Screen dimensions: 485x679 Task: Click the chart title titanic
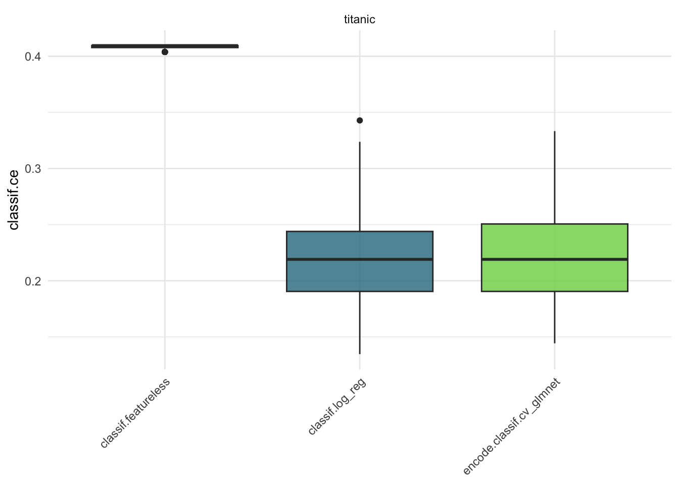(x=359, y=20)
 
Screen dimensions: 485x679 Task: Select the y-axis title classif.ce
(x=14, y=200)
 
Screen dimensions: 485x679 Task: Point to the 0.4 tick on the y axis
(x=32, y=57)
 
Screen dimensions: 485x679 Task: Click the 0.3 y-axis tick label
(x=32, y=169)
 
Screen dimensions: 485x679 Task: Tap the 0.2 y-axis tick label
(x=32, y=281)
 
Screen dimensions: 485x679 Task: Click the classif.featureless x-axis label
(x=135, y=412)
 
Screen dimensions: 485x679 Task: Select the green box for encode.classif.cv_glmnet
(x=554, y=240)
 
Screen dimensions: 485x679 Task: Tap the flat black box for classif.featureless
(x=165, y=46)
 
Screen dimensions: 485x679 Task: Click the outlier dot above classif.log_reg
(x=360, y=120)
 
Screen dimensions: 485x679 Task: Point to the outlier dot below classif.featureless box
(x=165, y=52)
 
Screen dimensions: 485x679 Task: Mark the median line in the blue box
(x=359, y=259)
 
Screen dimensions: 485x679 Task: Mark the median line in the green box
(x=554, y=259)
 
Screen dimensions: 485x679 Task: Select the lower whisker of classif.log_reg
(x=360, y=323)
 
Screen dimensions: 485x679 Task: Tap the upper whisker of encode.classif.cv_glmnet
(x=555, y=177)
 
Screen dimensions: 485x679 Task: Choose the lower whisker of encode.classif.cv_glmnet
(x=555, y=318)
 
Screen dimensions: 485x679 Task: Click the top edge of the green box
(x=554, y=224)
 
